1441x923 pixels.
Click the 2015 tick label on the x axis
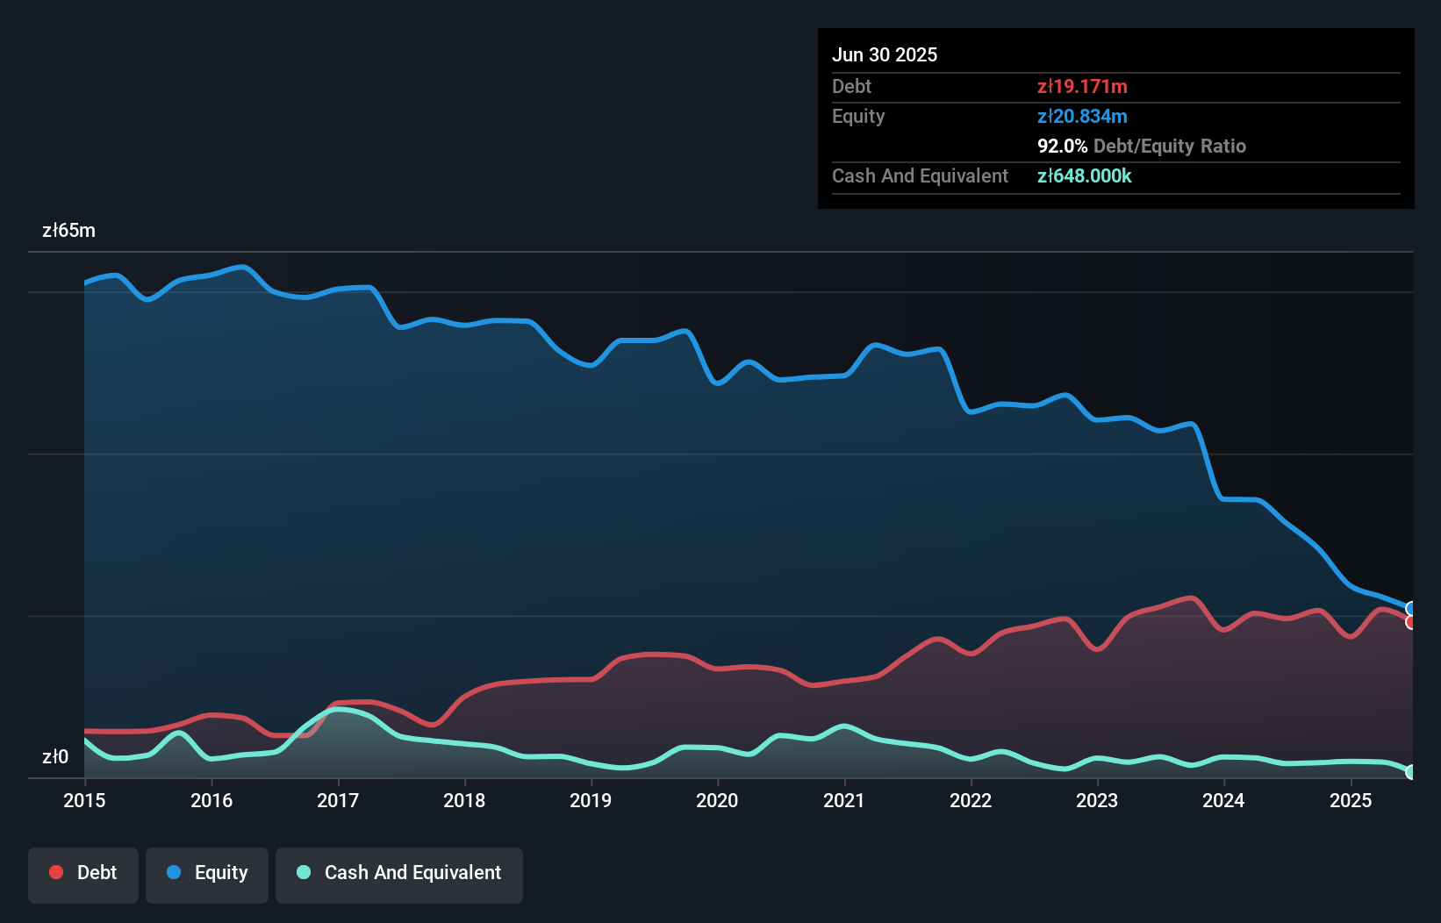click(x=84, y=800)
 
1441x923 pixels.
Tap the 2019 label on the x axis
click(x=591, y=800)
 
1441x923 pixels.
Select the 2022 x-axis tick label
click(x=971, y=800)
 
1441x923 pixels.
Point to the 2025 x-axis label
click(x=1351, y=800)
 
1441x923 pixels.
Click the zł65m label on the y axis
click(x=68, y=231)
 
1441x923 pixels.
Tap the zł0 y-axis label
click(x=55, y=757)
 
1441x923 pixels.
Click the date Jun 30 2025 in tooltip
click(x=885, y=54)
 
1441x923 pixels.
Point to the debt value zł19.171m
click(x=1082, y=86)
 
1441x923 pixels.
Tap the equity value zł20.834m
click(x=1082, y=116)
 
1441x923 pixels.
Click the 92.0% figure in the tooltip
click(x=1062, y=146)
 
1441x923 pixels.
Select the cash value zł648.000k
click(x=1084, y=175)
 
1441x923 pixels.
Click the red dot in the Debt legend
click(x=56, y=872)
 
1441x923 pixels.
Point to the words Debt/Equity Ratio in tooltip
click(x=1169, y=146)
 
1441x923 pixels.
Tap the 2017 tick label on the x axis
click(x=338, y=800)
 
